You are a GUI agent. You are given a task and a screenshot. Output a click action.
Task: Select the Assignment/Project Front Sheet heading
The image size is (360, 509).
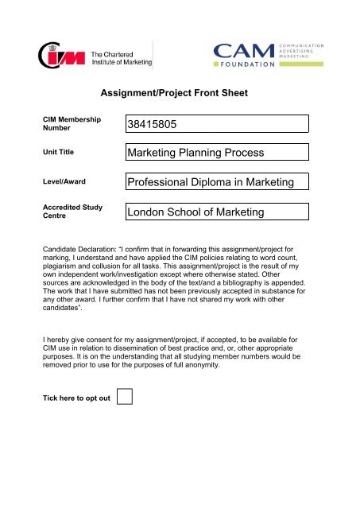point(179,93)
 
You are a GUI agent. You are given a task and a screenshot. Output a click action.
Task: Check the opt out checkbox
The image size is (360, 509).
point(124,396)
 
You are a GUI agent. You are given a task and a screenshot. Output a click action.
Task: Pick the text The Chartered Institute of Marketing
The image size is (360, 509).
point(122,56)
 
